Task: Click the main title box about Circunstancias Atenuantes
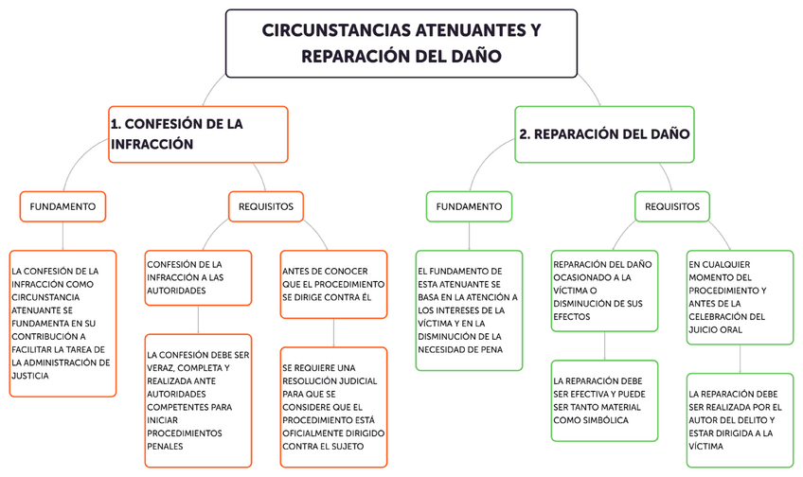click(x=401, y=43)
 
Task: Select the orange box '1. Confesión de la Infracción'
click(x=198, y=133)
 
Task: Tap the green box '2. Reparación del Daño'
click(x=602, y=133)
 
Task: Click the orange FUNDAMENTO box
click(x=62, y=205)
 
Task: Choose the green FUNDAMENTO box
click(x=469, y=205)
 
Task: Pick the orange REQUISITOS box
click(x=266, y=205)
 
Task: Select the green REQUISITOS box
click(x=671, y=205)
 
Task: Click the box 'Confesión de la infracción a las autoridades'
click(x=198, y=277)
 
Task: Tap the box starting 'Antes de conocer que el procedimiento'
click(x=333, y=277)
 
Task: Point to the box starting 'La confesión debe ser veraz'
click(x=198, y=400)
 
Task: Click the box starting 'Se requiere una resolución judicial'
click(x=333, y=407)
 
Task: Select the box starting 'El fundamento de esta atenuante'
click(x=469, y=309)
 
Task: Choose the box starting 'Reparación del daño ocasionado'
click(x=604, y=291)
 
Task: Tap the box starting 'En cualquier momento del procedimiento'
click(x=740, y=296)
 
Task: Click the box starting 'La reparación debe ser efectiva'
click(x=604, y=400)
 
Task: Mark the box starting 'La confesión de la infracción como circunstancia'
click(x=62, y=323)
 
